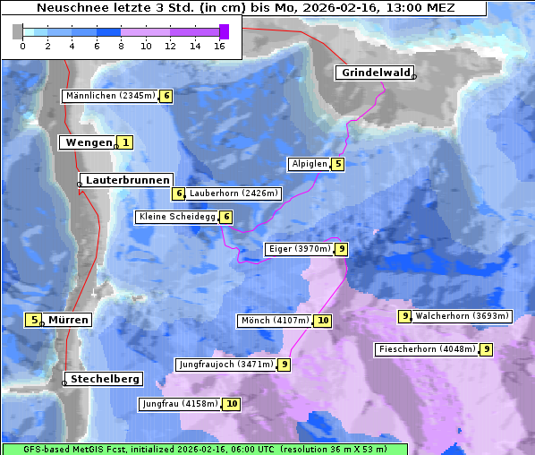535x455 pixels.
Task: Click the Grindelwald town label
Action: (x=374, y=73)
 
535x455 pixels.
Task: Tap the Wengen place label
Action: (x=87, y=142)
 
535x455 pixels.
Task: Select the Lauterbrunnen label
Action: (x=127, y=180)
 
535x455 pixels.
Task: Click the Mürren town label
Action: (x=68, y=320)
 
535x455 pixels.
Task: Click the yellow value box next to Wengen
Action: (x=126, y=142)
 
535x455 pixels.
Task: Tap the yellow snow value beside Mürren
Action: (x=34, y=320)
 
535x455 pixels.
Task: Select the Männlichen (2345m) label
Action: (x=110, y=96)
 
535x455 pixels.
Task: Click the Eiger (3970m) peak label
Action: (x=299, y=249)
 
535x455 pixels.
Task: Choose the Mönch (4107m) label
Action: (x=275, y=321)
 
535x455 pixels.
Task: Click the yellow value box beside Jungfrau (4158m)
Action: (x=232, y=404)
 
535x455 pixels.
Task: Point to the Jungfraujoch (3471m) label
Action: (x=225, y=365)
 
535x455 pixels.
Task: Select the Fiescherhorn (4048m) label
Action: (x=427, y=349)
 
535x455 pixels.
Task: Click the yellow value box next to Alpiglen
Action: (x=337, y=164)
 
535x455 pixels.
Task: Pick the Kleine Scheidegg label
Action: (x=177, y=217)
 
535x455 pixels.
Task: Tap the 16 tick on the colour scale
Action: (x=219, y=46)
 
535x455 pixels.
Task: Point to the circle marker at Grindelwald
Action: (x=414, y=77)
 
